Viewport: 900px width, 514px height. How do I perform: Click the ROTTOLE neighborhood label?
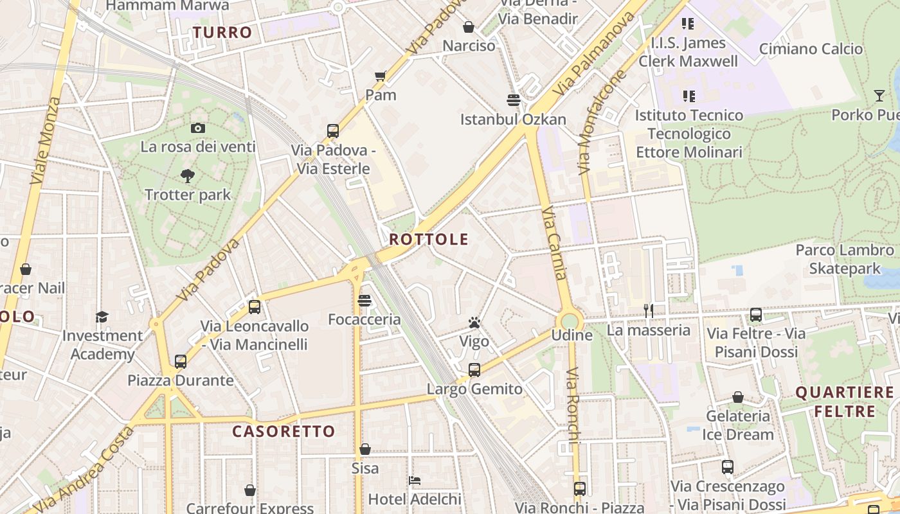429,240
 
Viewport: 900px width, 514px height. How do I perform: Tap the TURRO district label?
222,32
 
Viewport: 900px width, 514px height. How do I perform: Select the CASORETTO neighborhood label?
283,431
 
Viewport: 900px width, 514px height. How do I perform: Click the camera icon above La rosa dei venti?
198,128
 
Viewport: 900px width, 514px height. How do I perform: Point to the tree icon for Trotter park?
187,175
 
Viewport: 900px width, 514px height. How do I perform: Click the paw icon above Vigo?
474,323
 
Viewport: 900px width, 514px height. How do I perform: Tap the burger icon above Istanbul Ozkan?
513,100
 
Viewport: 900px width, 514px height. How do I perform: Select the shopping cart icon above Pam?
381,76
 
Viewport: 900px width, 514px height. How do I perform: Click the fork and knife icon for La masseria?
649,312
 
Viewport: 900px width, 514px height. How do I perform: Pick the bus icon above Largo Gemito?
474,370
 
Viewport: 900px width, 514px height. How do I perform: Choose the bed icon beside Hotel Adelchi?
415,481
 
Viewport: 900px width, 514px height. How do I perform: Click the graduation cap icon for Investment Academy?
102,317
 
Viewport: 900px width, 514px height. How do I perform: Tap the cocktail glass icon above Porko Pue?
879,96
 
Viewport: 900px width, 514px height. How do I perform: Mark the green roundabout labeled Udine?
570,321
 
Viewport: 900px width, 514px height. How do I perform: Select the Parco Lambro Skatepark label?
845,259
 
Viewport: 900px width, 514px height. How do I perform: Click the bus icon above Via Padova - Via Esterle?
332,131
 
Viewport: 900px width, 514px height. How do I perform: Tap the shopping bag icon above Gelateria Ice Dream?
737,398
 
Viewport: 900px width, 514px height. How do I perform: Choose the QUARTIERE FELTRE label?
845,402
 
